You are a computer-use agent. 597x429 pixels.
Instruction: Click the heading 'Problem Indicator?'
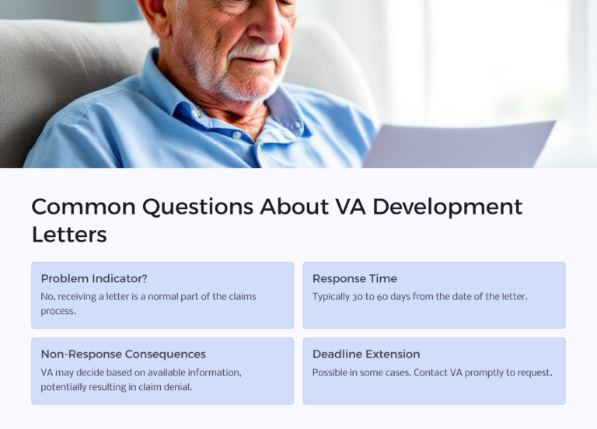pyautogui.click(x=94, y=278)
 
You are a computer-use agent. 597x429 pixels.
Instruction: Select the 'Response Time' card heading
pyautogui.click(x=354, y=278)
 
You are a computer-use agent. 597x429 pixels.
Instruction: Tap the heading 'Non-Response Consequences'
pyautogui.click(x=124, y=354)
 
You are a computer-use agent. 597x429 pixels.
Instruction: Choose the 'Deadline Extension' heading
pyautogui.click(x=366, y=354)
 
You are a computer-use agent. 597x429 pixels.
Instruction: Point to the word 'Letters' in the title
pyautogui.click(x=69, y=234)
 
